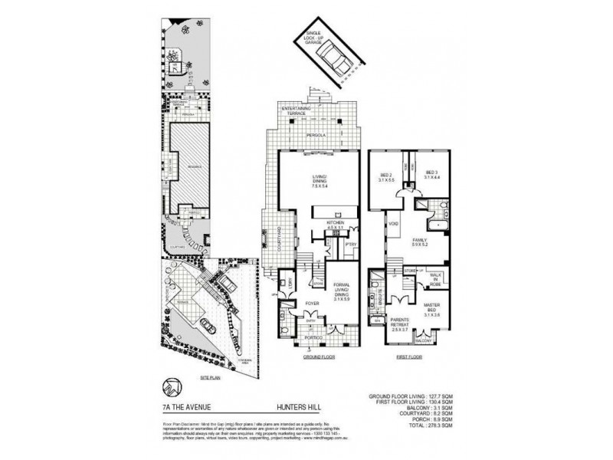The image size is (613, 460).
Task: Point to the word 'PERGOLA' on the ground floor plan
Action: click(313, 133)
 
